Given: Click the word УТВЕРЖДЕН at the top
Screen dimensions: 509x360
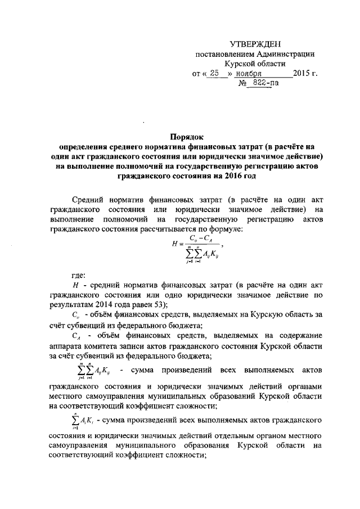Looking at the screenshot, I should (x=256, y=44).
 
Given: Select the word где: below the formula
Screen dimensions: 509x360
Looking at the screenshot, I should (x=78, y=277).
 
